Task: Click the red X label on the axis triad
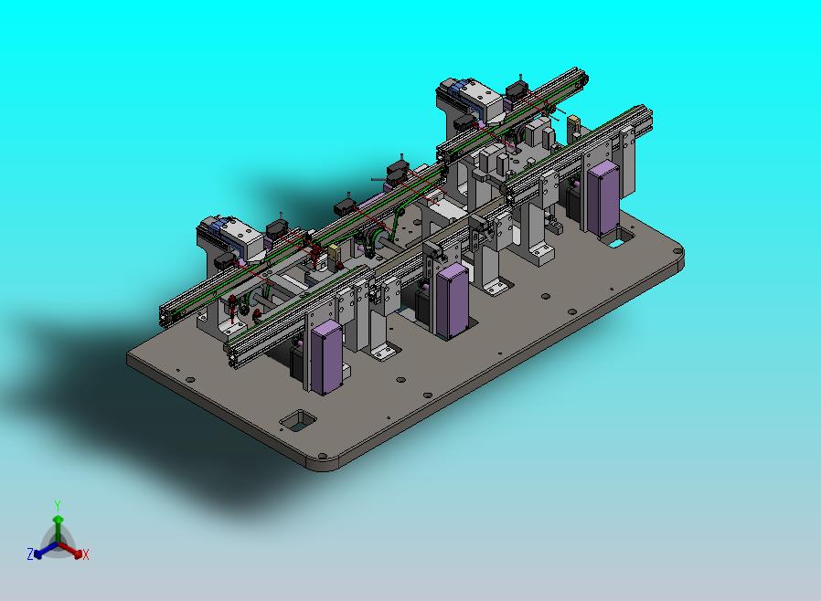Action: [85, 554]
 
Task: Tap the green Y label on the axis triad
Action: [58, 505]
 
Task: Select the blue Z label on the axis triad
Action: [30, 554]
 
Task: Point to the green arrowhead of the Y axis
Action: [59, 520]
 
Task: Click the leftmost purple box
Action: [326, 357]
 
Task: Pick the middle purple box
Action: [452, 301]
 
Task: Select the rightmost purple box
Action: [602, 199]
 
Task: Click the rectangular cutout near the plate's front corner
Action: [298, 420]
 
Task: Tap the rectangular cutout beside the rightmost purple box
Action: [618, 237]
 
